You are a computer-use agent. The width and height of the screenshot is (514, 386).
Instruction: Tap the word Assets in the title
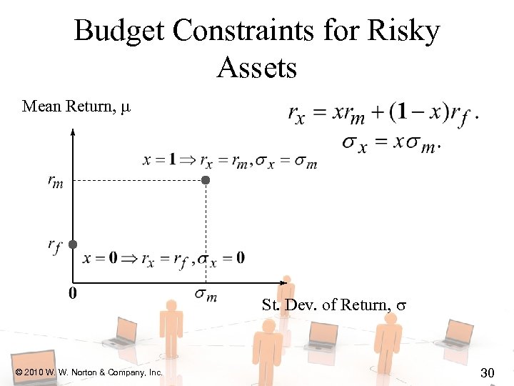coord(256,68)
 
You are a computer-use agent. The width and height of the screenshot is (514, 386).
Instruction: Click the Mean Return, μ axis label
coord(77,107)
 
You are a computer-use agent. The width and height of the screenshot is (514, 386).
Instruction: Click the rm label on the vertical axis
coord(55,182)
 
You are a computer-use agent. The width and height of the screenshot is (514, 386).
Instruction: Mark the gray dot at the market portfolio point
coord(206,181)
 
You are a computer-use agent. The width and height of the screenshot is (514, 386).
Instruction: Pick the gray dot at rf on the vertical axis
coord(73,244)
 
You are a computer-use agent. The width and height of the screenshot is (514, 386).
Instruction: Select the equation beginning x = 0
coord(163,258)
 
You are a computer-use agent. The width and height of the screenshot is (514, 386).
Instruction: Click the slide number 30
coord(488,372)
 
